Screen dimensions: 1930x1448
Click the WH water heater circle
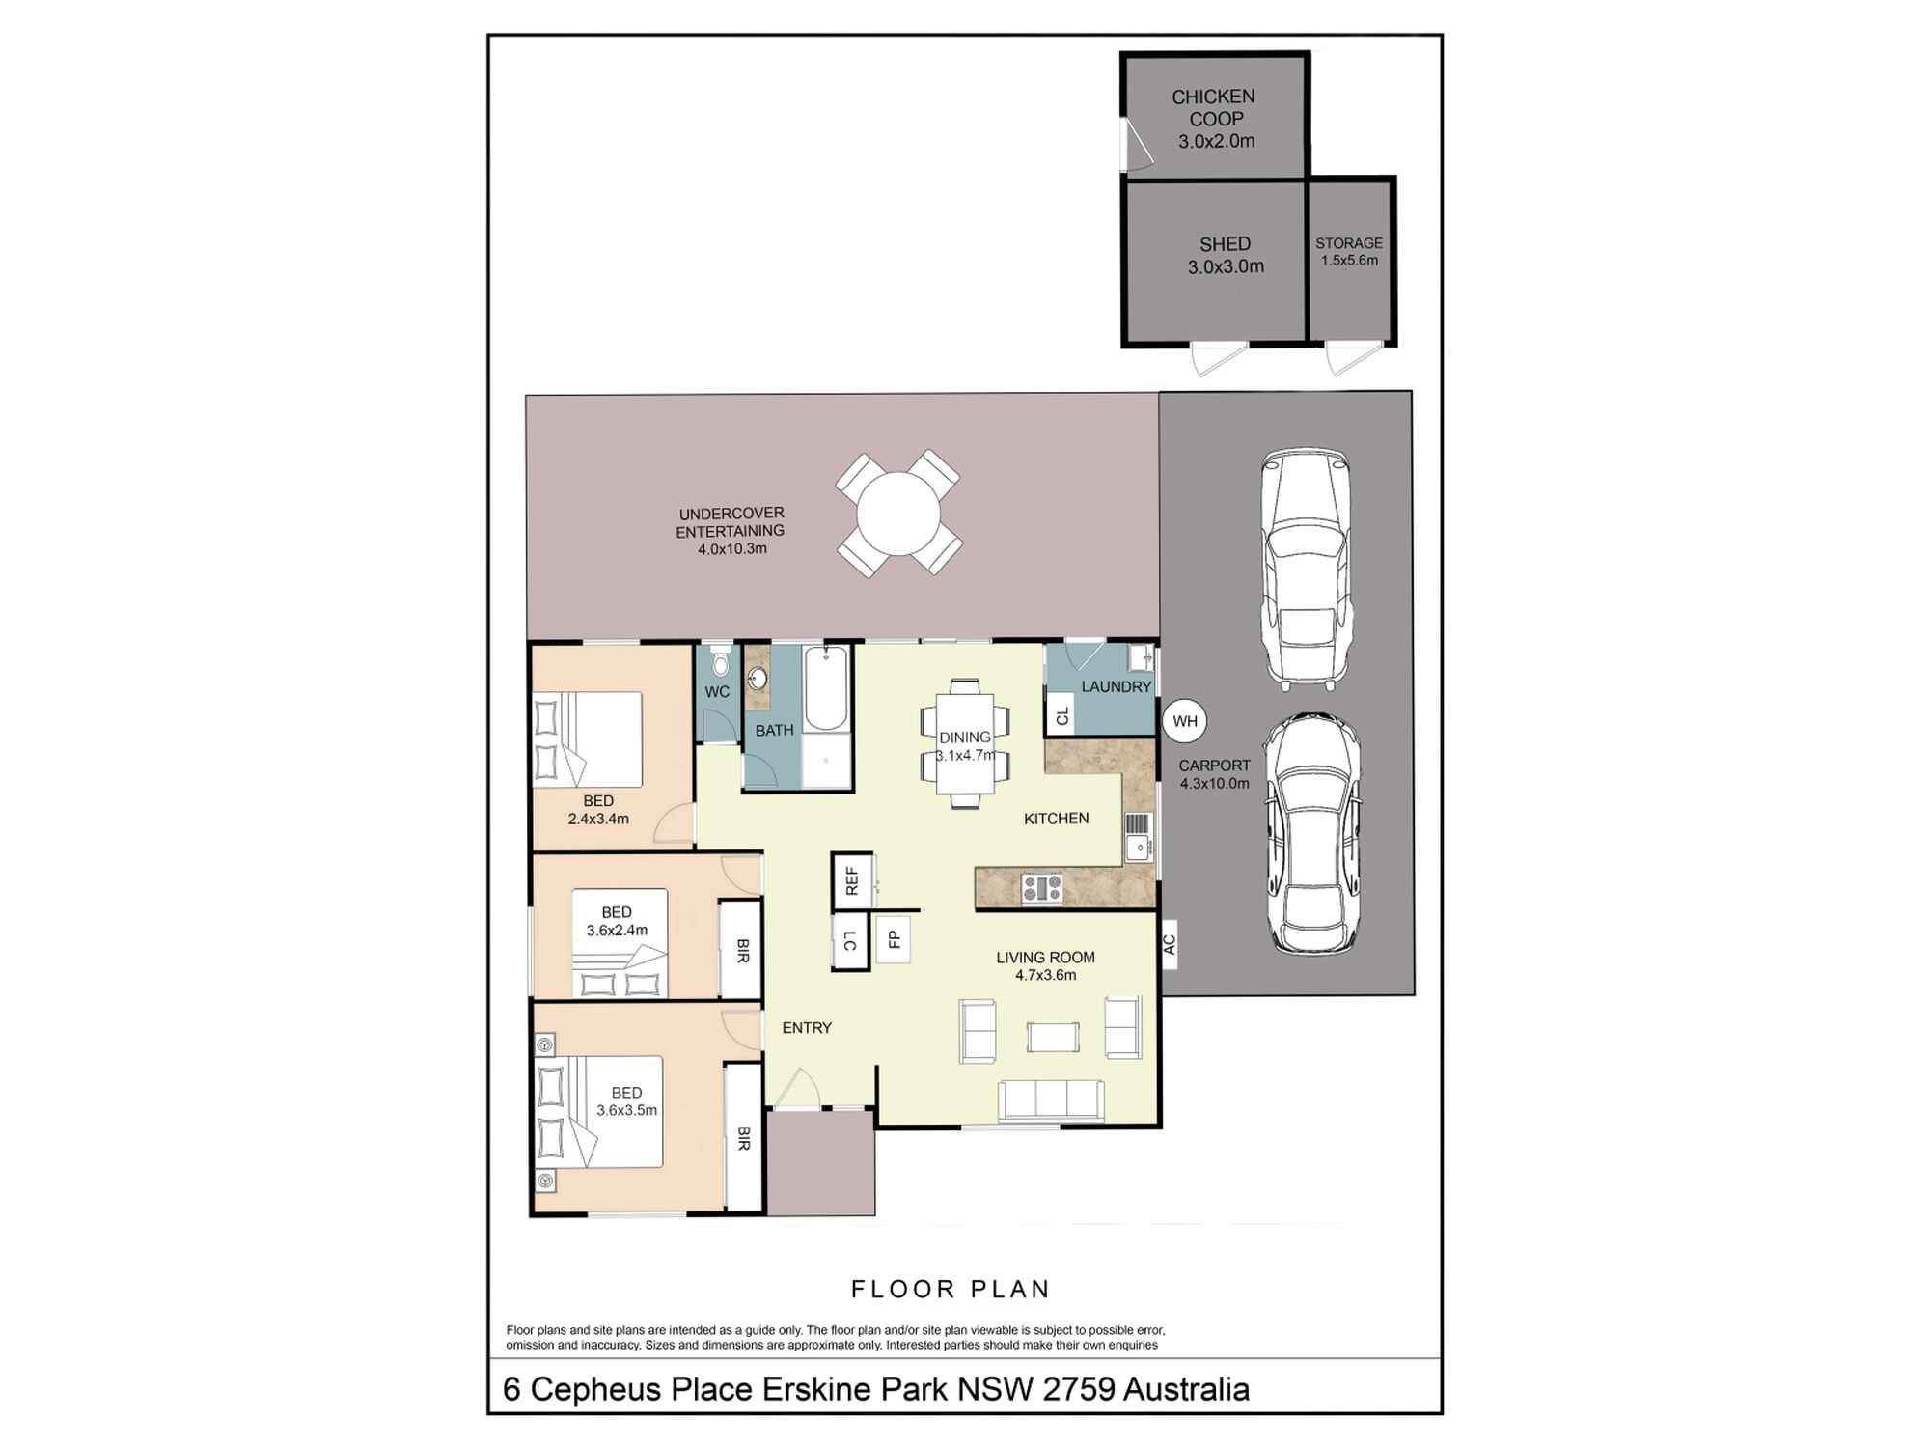(x=1185, y=721)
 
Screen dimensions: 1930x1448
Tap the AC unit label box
(x=1170, y=943)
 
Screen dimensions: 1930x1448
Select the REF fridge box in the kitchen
(x=852, y=881)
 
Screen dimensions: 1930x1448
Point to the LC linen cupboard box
(x=850, y=941)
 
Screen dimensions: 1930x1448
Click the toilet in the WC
(x=719, y=662)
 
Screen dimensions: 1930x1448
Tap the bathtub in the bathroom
(x=826, y=688)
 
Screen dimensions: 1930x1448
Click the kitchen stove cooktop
(x=1042, y=888)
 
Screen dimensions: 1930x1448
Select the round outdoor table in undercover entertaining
(x=898, y=514)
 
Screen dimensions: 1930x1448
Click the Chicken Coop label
(x=1214, y=107)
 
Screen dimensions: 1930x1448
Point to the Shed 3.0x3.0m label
(x=1226, y=256)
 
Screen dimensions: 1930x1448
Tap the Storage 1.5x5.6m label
(x=1349, y=252)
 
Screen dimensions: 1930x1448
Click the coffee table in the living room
(x=1053, y=1037)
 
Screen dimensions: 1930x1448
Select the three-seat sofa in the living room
(x=1051, y=1100)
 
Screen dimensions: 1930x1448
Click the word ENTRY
(x=807, y=1028)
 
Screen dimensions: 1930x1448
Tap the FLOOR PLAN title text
(x=951, y=1289)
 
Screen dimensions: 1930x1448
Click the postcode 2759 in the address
(x=1080, y=1389)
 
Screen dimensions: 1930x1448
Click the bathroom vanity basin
(x=758, y=679)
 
